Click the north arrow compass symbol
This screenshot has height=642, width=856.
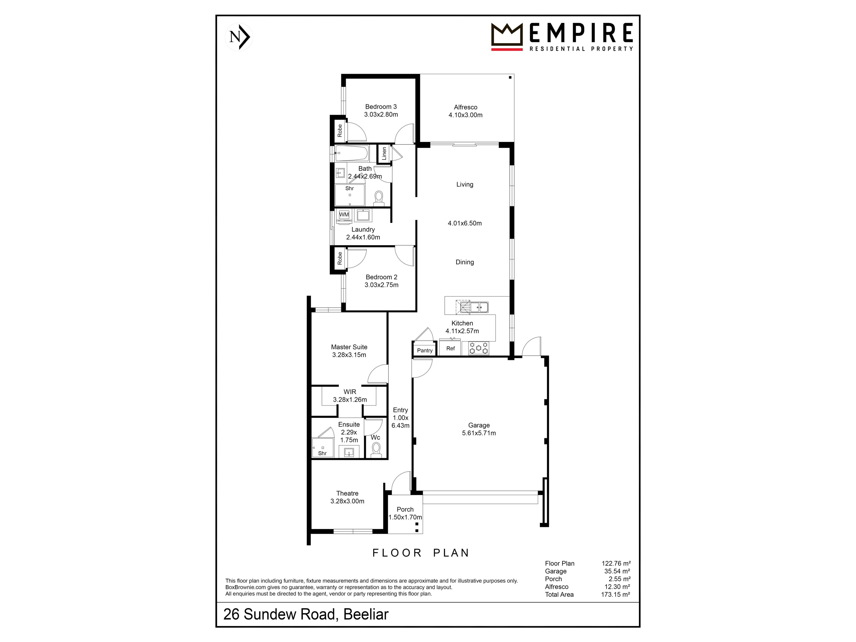[x=239, y=37]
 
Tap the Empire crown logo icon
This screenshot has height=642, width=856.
[x=506, y=37]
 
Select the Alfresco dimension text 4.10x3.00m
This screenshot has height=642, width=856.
[x=465, y=115]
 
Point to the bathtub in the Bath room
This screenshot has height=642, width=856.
[x=351, y=153]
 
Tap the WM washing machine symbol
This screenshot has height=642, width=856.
[x=344, y=215]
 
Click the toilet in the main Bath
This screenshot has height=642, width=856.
[x=379, y=198]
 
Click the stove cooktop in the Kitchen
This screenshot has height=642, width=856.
[x=479, y=348]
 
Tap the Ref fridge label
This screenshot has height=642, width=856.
[x=451, y=348]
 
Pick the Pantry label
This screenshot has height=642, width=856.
[x=424, y=351]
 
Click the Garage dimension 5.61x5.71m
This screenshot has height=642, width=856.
[x=479, y=433]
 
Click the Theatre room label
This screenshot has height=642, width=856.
[x=347, y=493]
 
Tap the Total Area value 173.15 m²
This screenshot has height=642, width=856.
[x=615, y=594]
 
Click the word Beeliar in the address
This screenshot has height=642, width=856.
[x=366, y=615]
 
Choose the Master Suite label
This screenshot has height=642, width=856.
[x=349, y=347]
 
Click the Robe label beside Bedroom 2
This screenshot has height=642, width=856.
[x=340, y=259]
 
